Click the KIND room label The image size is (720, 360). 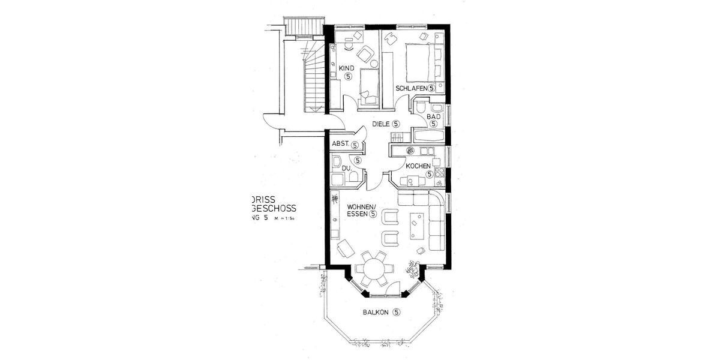click(x=347, y=68)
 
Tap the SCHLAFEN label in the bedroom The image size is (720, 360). click(x=411, y=88)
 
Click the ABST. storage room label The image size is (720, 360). click(x=341, y=145)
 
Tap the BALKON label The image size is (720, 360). click(x=376, y=312)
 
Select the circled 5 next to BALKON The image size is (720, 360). click(x=397, y=312)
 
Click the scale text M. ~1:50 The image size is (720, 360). click(x=286, y=220)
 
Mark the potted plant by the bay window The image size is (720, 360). click(x=412, y=268)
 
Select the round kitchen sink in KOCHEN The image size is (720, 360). click(x=410, y=150)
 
